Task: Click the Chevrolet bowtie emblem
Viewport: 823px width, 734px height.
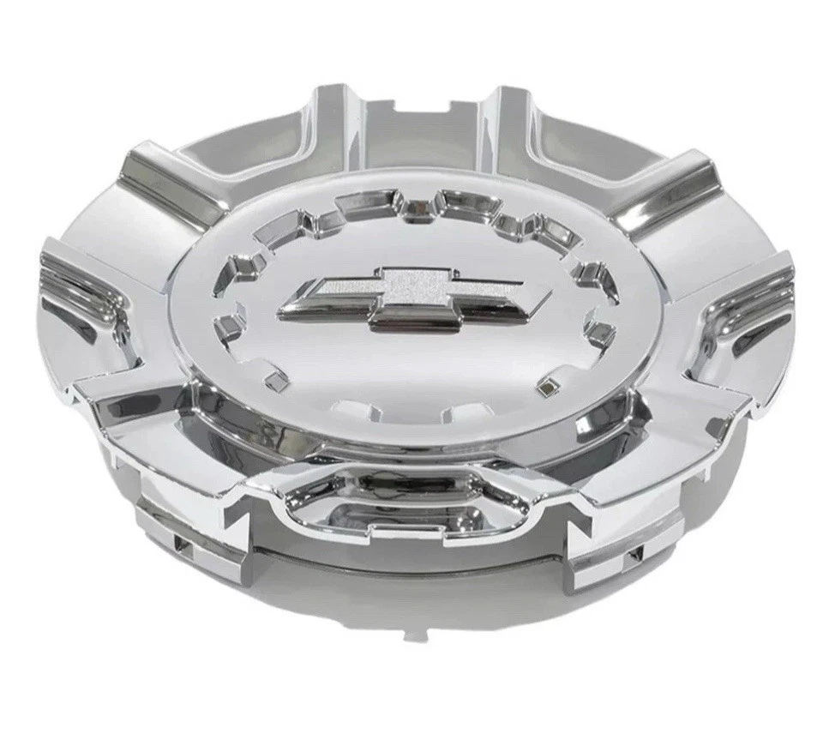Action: (418, 297)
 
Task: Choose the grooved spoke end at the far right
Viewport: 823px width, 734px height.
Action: (754, 300)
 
